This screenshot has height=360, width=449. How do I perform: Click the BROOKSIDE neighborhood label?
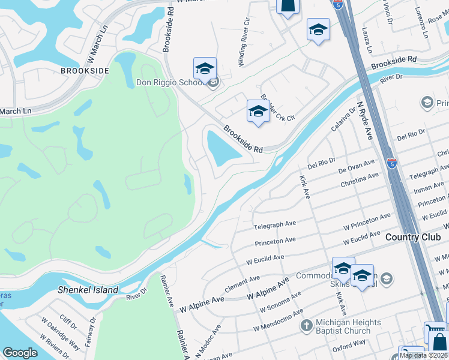(85, 70)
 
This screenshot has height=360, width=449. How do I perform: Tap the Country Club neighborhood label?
(413, 237)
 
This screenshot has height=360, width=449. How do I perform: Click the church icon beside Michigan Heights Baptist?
(306, 326)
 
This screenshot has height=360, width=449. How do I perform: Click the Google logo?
(20, 352)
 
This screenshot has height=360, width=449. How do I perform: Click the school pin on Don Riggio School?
(205, 69)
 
